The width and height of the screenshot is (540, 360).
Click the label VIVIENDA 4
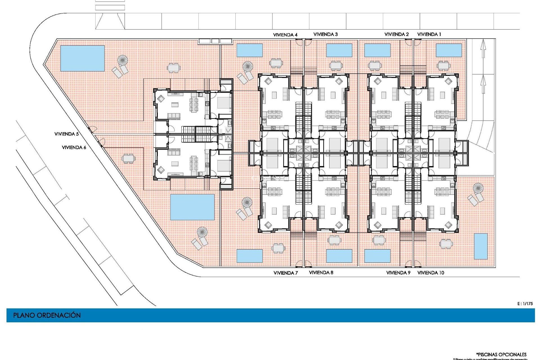coord(285,35)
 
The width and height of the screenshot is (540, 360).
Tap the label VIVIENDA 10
coord(431,273)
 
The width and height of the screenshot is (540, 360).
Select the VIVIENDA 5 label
coord(66,134)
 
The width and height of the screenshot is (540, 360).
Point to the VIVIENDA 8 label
coord(321,273)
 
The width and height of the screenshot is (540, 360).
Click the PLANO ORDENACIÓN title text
coord(47,315)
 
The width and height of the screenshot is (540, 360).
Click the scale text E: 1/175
coord(525,303)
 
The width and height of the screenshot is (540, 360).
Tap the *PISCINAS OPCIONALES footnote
coord(501,354)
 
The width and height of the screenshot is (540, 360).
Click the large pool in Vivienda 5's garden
coord(82,58)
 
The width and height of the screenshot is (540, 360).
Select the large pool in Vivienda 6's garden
coord(192,207)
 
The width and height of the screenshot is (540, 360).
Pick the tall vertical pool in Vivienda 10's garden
coord(481,246)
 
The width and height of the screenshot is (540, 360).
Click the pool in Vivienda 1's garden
coord(449,50)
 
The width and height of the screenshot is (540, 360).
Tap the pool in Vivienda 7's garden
coord(249,256)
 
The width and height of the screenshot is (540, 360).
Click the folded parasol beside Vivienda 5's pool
coord(122,60)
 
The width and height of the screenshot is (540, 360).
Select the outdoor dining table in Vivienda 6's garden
coord(128,158)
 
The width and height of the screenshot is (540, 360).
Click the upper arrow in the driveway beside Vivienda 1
coord(483,48)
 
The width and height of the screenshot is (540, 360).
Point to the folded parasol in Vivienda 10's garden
coord(478,188)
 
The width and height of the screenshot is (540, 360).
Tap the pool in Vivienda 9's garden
coord(377,256)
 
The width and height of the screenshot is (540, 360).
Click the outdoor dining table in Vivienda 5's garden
coord(174,68)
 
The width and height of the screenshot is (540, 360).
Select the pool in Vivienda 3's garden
coord(339,50)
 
